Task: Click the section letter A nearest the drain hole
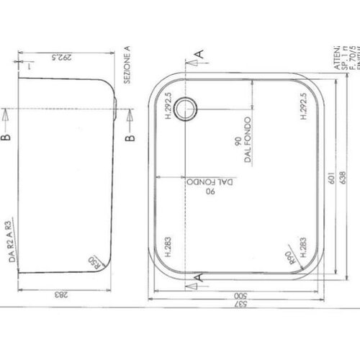tap(200, 52)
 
